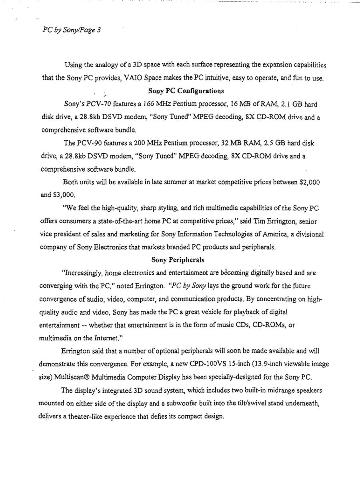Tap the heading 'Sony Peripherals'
point(178,260)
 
